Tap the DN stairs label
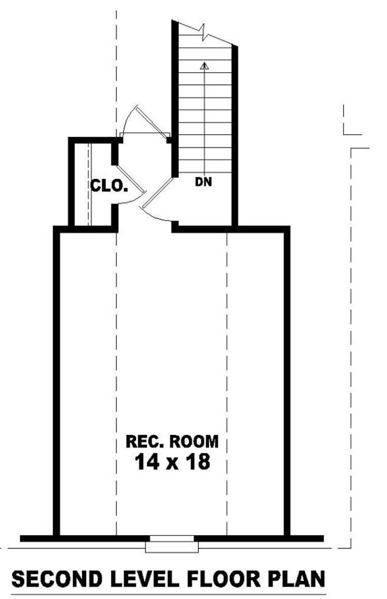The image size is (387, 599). pyautogui.click(x=204, y=183)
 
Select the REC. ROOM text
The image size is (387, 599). pyautogui.click(x=172, y=441)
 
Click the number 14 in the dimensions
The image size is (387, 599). pyautogui.click(x=146, y=461)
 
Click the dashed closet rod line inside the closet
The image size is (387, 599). pyautogui.click(x=89, y=184)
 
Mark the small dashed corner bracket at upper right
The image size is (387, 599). pyautogui.click(x=351, y=124)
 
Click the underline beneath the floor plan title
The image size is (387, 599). pyautogui.click(x=168, y=594)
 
